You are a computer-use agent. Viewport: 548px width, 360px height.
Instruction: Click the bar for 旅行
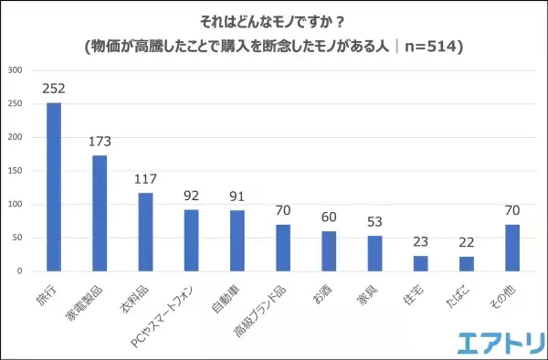pyautogui.click(x=54, y=186)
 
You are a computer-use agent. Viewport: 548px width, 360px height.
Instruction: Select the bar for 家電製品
pyautogui.click(x=100, y=213)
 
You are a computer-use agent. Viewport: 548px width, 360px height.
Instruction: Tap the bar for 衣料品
pyautogui.click(x=145, y=232)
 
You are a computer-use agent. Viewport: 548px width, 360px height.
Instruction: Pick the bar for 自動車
pyautogui.click(x=237, y=240)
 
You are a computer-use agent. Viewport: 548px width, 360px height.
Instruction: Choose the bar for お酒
pyautogui.click(x=329, y=251)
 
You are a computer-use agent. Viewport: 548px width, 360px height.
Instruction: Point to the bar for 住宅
pyautogui.click(x=420, y=263)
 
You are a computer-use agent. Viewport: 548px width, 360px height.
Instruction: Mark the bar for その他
pyautogui.click(x=512, y=248)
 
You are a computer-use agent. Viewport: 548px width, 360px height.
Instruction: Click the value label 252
pyautogui.click(x=54, y=89)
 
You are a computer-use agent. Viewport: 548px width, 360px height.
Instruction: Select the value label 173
pyautogui.click(x=100, y=142)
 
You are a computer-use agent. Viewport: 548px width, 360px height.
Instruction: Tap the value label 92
pyautogui.click(x=192, y=196)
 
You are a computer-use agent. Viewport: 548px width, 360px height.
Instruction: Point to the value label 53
pyautogui.click(x=374, y=222)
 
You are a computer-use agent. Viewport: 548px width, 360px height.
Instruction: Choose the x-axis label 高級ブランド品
pyautogui.click(x=262, y=306)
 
